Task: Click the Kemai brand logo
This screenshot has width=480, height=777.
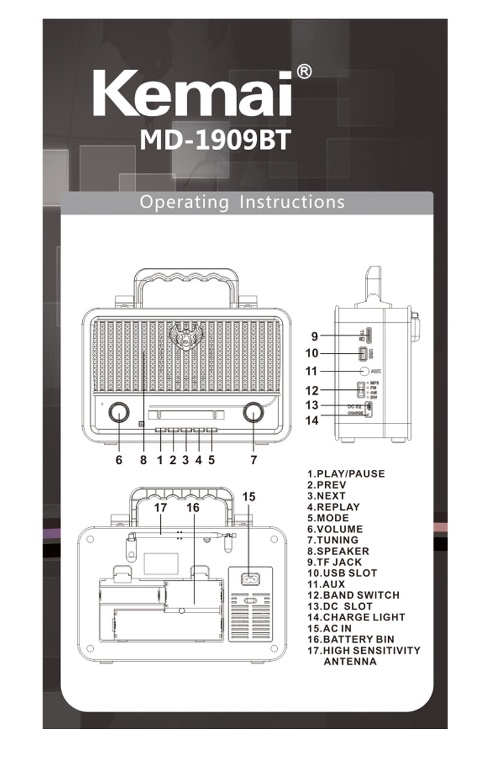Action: pos(192,94)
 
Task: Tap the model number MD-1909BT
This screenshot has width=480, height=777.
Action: pos(215,140)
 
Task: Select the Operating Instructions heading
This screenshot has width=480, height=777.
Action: pos(242,202)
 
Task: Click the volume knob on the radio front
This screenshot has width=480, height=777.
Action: pos(119,413)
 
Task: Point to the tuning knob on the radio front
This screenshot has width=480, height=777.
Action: pos(253,413)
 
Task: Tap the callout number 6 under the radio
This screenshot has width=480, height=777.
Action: pos(119,460)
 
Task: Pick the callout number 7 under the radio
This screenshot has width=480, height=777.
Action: pos(254,460)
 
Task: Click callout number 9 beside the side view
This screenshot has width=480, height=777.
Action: pos(314,336)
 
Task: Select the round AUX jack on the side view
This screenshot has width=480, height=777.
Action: pos(364,371)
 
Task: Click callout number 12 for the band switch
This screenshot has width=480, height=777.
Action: pos(312,391)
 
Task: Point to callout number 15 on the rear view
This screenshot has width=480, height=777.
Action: pos(249,496)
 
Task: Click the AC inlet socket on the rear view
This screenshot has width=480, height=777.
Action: pos(250,580)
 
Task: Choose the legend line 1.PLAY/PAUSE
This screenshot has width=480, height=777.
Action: pos(346,473)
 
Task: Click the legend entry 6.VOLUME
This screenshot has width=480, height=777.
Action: pos(335,529)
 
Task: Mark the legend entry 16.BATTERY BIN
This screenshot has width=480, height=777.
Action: pos(352,640)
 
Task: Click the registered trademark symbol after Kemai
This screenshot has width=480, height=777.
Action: pos(304,72)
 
